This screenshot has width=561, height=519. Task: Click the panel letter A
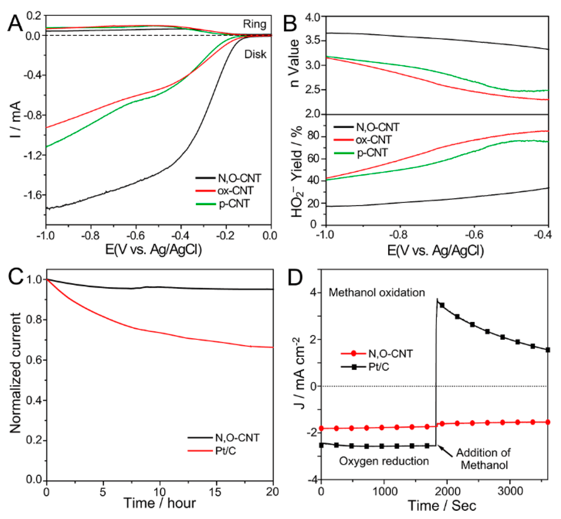pos(15,23)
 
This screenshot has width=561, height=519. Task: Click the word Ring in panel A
pos(254,24)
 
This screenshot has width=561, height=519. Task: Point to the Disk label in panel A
pos(255,54)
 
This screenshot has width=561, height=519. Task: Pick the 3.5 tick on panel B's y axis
pos(313,40)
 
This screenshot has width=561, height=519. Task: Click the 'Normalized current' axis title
pos(16,373)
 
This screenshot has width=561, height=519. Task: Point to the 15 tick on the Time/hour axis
pos(216,492)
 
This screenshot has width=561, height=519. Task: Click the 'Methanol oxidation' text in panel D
pos(377,292)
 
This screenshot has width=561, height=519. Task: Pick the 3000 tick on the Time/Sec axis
pos(510,491)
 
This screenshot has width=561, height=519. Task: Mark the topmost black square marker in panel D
pos(442,305)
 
